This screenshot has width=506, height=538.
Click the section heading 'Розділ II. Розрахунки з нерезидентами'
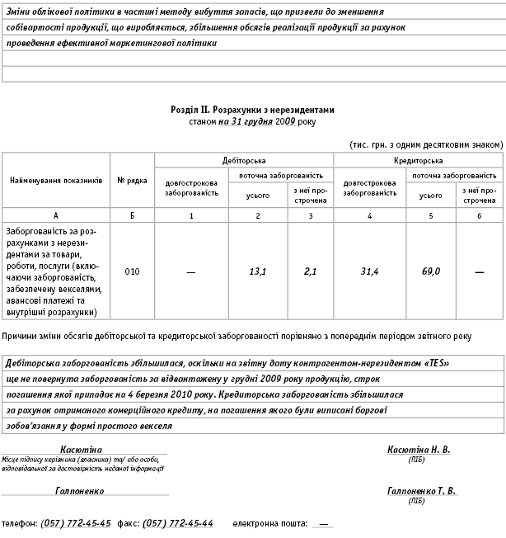point(253,109)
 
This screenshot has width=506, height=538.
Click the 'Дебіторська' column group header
point(244,161)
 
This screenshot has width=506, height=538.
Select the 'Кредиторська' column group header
point(419,161)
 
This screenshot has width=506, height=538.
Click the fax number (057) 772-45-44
point(178,524)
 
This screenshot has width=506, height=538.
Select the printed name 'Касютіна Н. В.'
point(419,450)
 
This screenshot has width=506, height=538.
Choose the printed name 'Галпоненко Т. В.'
point(421,490)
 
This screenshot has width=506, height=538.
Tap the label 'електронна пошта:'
point(269,524)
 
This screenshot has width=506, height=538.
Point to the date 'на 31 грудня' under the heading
point(246,120)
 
